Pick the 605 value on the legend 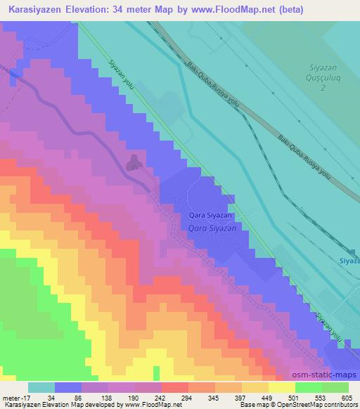pyautogui.click(x=347, y=398)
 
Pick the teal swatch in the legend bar pyautogui.click(x=41, y=387)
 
